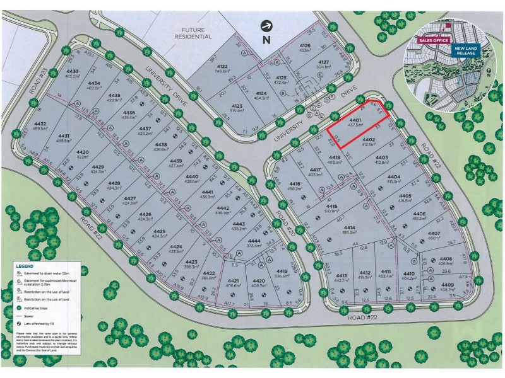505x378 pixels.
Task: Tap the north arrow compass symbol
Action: (267, 26)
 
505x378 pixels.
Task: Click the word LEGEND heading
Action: (30, 267)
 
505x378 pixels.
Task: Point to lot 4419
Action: (282, 273)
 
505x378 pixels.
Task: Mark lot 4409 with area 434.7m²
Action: (448, 287)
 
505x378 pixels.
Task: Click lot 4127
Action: (324, 64)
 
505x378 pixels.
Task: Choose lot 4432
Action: (40, 125)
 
